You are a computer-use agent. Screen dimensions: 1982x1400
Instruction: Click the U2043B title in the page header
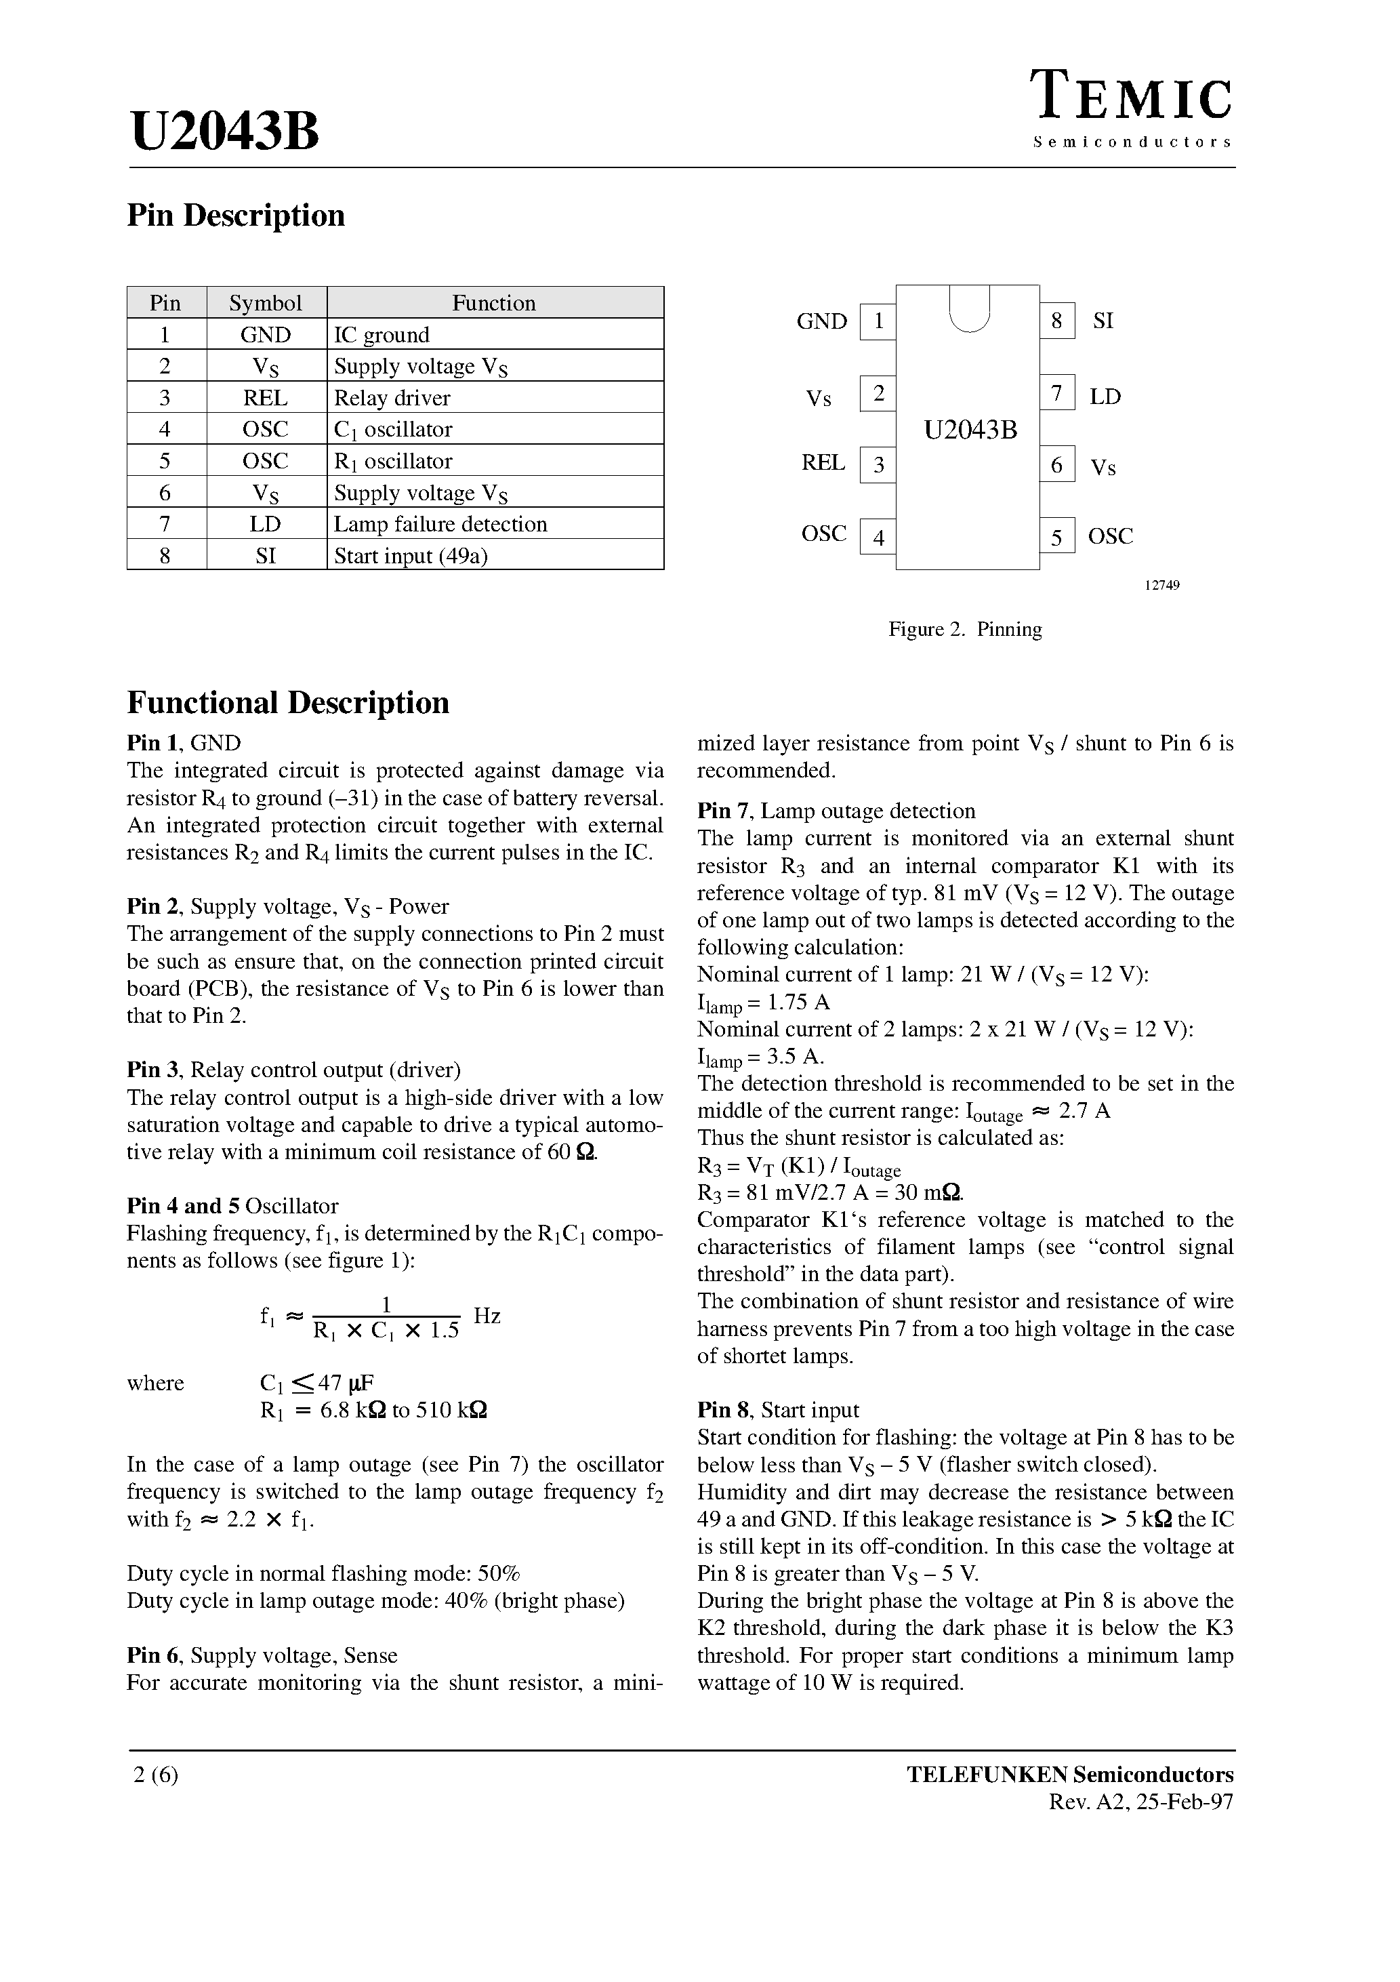(x=225, y=132)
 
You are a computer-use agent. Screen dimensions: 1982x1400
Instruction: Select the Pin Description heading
(x=236, y=215)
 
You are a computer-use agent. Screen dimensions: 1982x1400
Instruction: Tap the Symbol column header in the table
(x=266, y=303)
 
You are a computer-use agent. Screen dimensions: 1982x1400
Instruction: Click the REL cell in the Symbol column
(x=266, y=398)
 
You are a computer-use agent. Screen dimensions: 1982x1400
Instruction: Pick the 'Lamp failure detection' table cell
(x=440, y=524)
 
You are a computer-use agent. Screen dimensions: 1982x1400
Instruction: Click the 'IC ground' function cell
(x=382, y=335)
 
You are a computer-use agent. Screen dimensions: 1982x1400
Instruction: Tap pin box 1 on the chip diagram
(x=878, y=322)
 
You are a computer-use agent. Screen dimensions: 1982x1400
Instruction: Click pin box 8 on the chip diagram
(x=1056, y=321)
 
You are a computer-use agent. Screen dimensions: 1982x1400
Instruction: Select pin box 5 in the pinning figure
(x=1056, y=537)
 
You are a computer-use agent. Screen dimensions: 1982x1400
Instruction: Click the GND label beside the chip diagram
(x=822, y=322)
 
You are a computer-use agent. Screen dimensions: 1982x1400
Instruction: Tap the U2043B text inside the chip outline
(x=970, y=429)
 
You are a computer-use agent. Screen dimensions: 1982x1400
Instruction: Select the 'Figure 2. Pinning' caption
(x=965, y=629)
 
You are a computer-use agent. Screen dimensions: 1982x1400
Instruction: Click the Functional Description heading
(x=288, y=703)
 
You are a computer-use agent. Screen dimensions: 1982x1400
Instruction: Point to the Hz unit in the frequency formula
(x=488, y=1316)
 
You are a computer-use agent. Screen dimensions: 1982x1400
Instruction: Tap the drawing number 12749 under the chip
(x=1161, y=585)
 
